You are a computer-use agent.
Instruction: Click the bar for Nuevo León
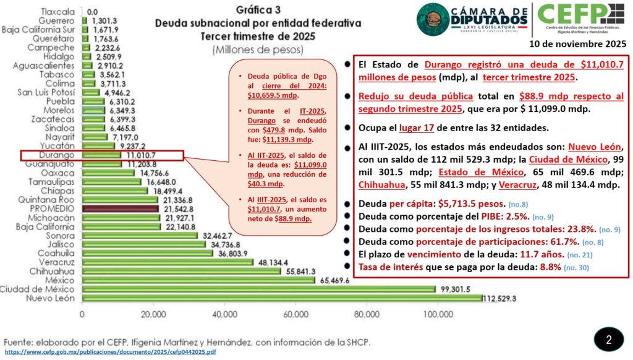point(281,299)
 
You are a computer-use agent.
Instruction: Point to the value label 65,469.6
point(333,280)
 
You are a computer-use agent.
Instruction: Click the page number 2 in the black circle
point(608,340)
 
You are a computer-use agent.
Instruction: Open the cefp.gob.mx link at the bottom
point(110,352)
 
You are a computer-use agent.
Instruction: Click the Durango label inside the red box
point(57,155)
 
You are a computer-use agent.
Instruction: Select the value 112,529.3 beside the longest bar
point(500,299)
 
